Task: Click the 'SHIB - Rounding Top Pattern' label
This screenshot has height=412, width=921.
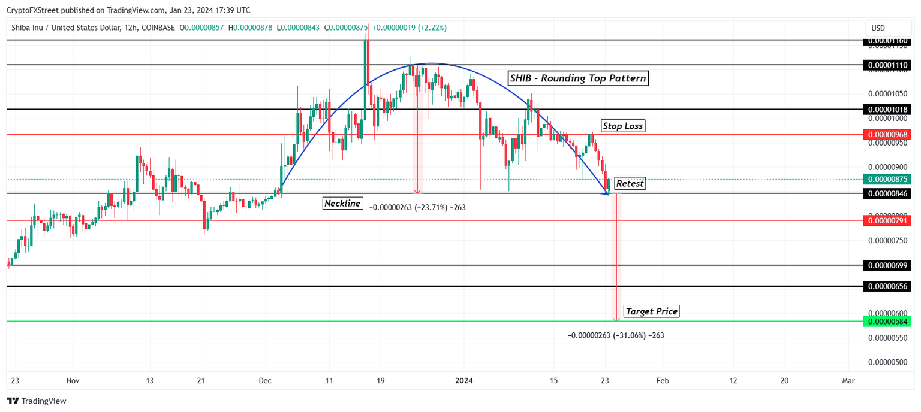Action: click(x=577, y=78)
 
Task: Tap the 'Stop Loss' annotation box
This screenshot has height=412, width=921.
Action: click(x=623, y=126)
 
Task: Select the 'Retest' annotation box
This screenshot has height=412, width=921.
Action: click(x=630, y=183)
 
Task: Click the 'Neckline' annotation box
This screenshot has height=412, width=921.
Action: click(x=342, y=203)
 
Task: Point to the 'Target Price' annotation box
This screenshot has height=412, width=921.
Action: click(x=651, y=311)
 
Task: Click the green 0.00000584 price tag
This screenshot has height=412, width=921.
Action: click(x=887, y=322)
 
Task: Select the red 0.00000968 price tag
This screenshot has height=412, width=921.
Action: click(x=887, y=134)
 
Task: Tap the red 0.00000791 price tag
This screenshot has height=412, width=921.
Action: click(x=887, y=220)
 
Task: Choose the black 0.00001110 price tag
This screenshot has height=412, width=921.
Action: click(x=887, y=65)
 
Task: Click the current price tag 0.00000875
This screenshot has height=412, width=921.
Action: click(x=887, y=179)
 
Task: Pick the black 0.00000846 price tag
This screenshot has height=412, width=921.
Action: click(x=887, y=193)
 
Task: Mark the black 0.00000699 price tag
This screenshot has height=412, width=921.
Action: click(x=887, y=265)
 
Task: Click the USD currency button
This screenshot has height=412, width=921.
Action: click(x=878, y=28)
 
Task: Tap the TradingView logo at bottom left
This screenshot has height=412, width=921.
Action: click(x=37, y=401)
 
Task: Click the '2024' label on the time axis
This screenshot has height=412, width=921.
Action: click(x=464, y=380)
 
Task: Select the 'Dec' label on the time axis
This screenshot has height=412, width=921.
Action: click(x=265, y=380)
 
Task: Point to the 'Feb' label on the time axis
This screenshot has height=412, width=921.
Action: click(x=662, y=380)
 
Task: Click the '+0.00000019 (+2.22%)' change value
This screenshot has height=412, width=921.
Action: click(x=410, y=28)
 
